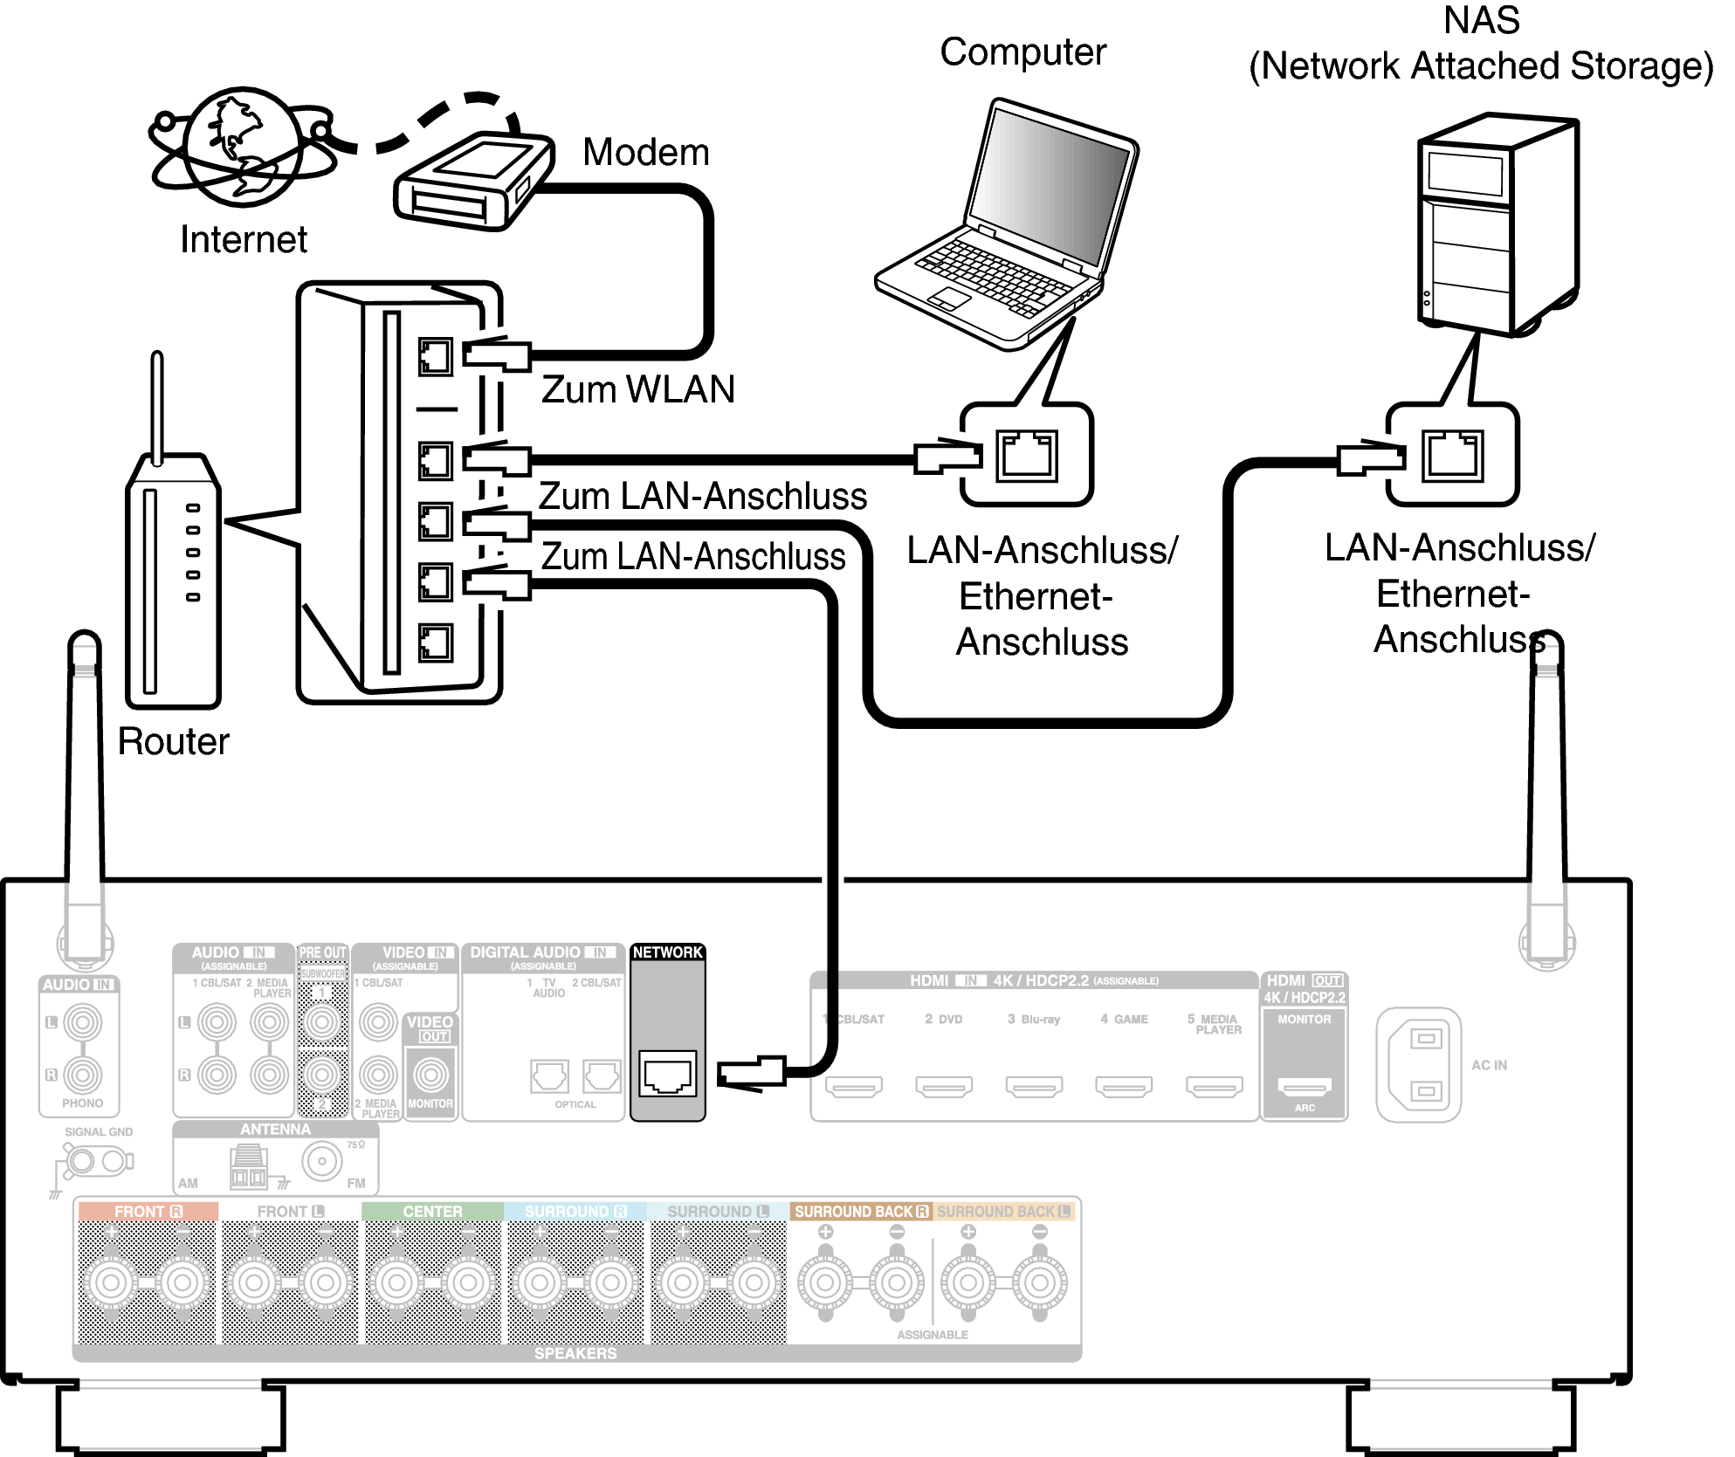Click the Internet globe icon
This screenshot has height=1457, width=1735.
tap(243, 147)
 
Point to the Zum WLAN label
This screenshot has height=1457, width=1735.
tap(637, 389)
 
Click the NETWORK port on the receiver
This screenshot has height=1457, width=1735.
tap(668, 1074)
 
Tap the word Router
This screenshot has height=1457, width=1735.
tap(173, 742)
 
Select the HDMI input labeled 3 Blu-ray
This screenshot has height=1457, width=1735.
tap(1034, 1087)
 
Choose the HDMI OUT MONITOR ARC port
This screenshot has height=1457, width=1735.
tap(1305, 1086)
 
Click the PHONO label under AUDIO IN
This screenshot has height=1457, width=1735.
tap(82, 1103)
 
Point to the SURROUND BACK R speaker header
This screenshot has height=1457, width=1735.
tap(860, 1212)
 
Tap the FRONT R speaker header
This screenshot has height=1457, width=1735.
tap(148, 1212)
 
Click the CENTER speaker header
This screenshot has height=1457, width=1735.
tap(432, 1212)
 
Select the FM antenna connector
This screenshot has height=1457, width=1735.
tap(322, 1161)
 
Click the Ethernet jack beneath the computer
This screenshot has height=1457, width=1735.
tap(1027, 456)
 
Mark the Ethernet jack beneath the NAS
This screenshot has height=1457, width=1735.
tap(1452, 456)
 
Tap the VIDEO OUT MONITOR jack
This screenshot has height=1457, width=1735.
tap(430, 1075)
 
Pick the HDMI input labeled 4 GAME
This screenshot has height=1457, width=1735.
tap(1124, 1087)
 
